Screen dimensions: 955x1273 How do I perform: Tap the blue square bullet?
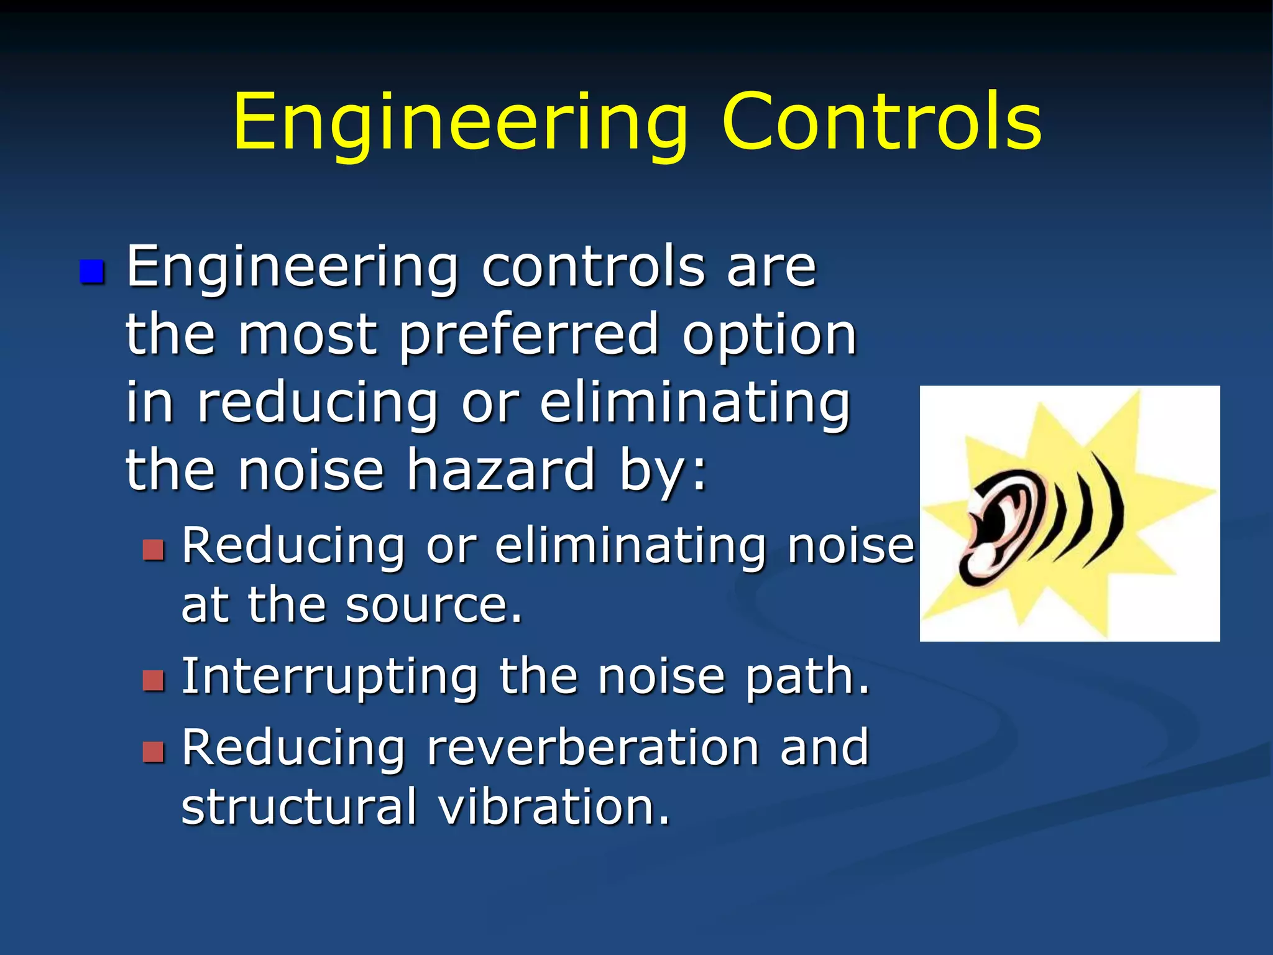pyautogui.click(x=92, y=272)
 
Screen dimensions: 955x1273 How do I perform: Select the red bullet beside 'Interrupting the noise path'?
pyautogui.click(x=153, y=681)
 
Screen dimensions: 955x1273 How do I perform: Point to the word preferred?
pyautogui.click(x=528, y=336)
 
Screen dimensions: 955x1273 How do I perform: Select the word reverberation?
pyautogui.click(x=593, y=747)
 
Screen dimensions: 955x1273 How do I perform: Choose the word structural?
pyautogui.click(x=299, y=807)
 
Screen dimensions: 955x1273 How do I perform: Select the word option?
pyautogui.click(x=770, y=336)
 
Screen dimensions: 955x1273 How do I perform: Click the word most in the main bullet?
pyautogui.click(x=308, y=336)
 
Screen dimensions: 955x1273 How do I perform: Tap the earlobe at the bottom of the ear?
pyautogui.click(x=982, y=563)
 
